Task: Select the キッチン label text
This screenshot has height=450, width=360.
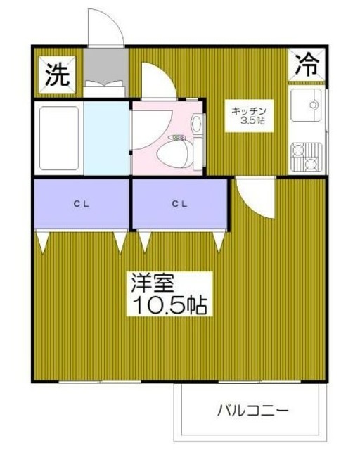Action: click(248, 110)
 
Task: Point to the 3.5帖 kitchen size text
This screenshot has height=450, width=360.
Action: click(250, 122)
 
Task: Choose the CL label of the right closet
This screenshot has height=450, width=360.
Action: click(180, 205)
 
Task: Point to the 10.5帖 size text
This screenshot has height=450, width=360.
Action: click(167, 304)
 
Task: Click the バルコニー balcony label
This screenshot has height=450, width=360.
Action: click(252, 409)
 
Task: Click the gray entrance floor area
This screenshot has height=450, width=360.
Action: click(104, 67)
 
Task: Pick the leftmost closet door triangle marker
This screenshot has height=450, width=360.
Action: click(44, 242)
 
